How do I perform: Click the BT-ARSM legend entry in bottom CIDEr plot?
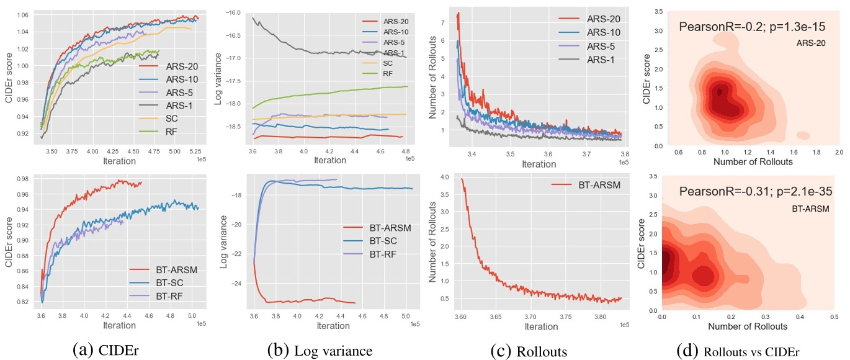click(162, 270)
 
